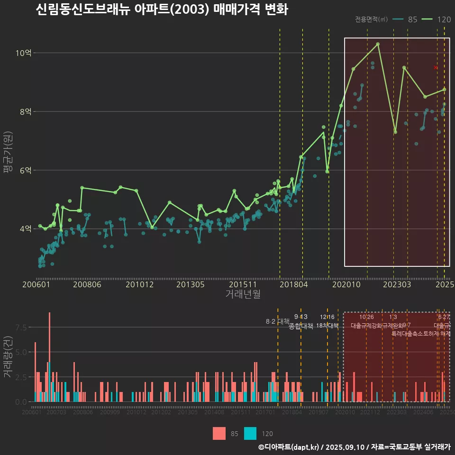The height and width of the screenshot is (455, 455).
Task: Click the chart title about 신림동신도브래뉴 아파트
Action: (162, 9)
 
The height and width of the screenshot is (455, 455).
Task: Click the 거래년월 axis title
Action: (243, 294)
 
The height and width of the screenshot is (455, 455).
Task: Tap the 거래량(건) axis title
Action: (8, 358)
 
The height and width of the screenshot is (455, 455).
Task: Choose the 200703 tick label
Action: (56, 413)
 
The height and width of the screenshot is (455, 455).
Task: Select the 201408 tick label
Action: (214, 413)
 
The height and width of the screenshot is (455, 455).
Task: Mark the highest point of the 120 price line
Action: (378, 44)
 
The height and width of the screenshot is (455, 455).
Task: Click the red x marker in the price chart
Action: (436, 68)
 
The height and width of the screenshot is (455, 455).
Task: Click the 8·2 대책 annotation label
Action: (277, 321)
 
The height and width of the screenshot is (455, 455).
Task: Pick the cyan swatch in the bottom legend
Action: (250, 433)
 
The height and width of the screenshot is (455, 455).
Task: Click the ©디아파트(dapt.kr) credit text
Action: (289, 447)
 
